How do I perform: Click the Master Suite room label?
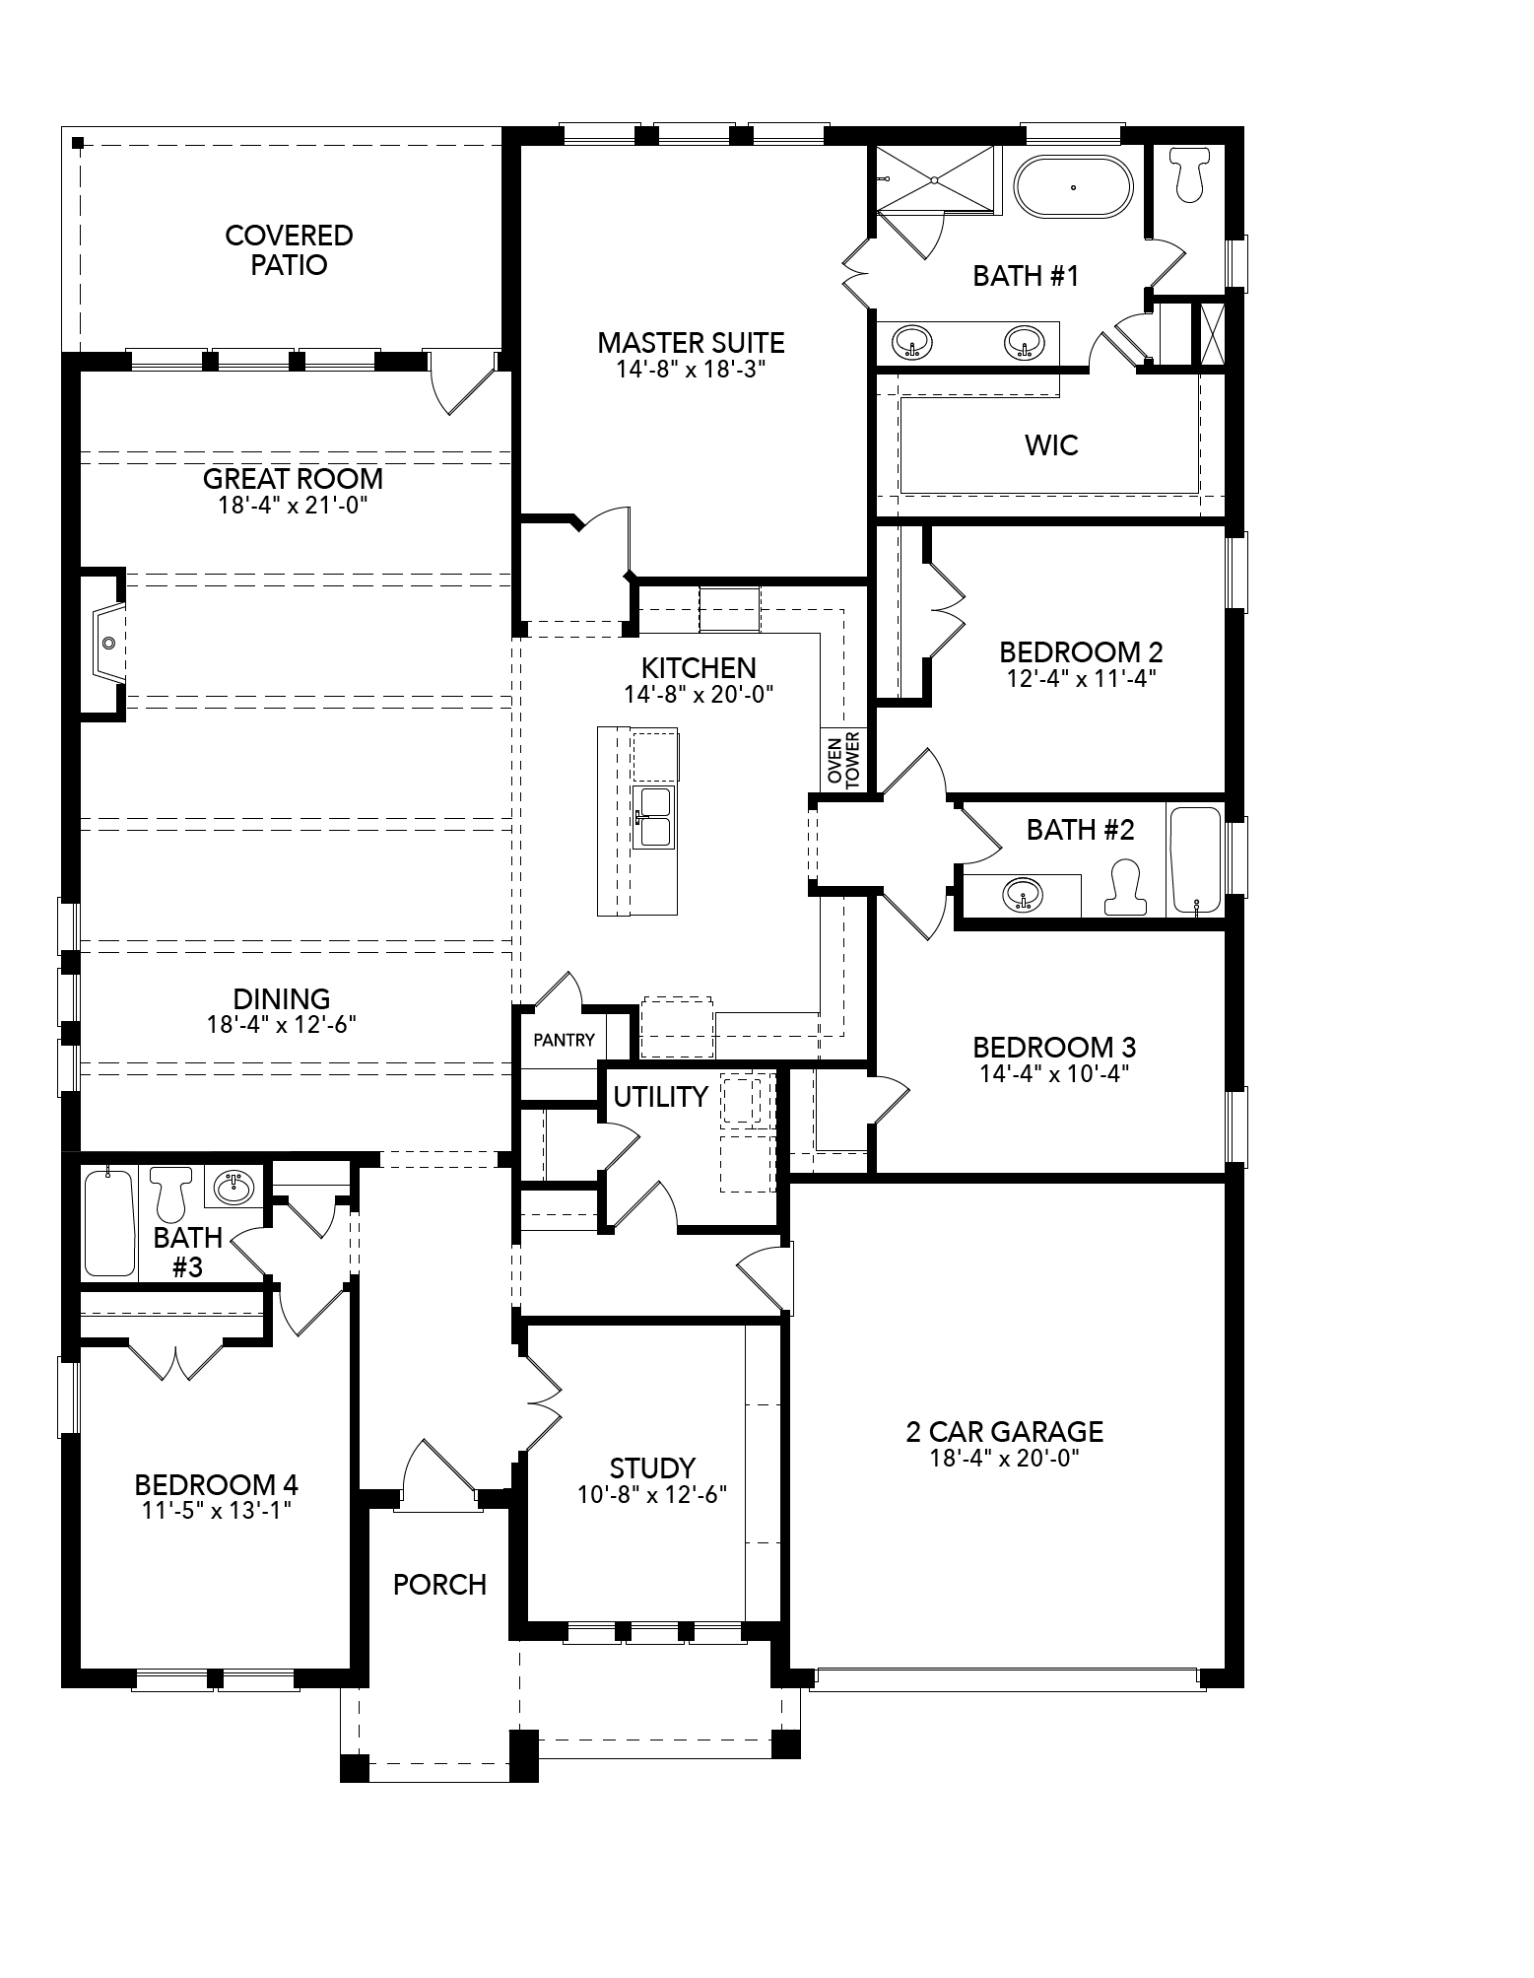tap(691, 343)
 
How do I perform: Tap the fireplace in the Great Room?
tap(107, 643)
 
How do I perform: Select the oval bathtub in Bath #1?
tap(1074, 186)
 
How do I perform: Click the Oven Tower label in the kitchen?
tap(843, 760)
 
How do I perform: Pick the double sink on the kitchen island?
tap(653, 816)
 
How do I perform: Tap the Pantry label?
tap(564, 1040)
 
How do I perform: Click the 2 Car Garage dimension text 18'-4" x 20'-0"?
tap(1005, 1459)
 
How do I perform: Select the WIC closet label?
tap(1051, 445)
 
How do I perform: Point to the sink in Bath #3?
tap(233, 1187)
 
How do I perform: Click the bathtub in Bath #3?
tap(108, 1222)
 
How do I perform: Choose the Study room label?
tap(652, 1467)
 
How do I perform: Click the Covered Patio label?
tap(289, 249)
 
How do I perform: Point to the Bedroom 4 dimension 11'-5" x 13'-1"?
tap(217, 1510)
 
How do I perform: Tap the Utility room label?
tap(660, 1097)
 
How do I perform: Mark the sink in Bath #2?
tap(1022, 895)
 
